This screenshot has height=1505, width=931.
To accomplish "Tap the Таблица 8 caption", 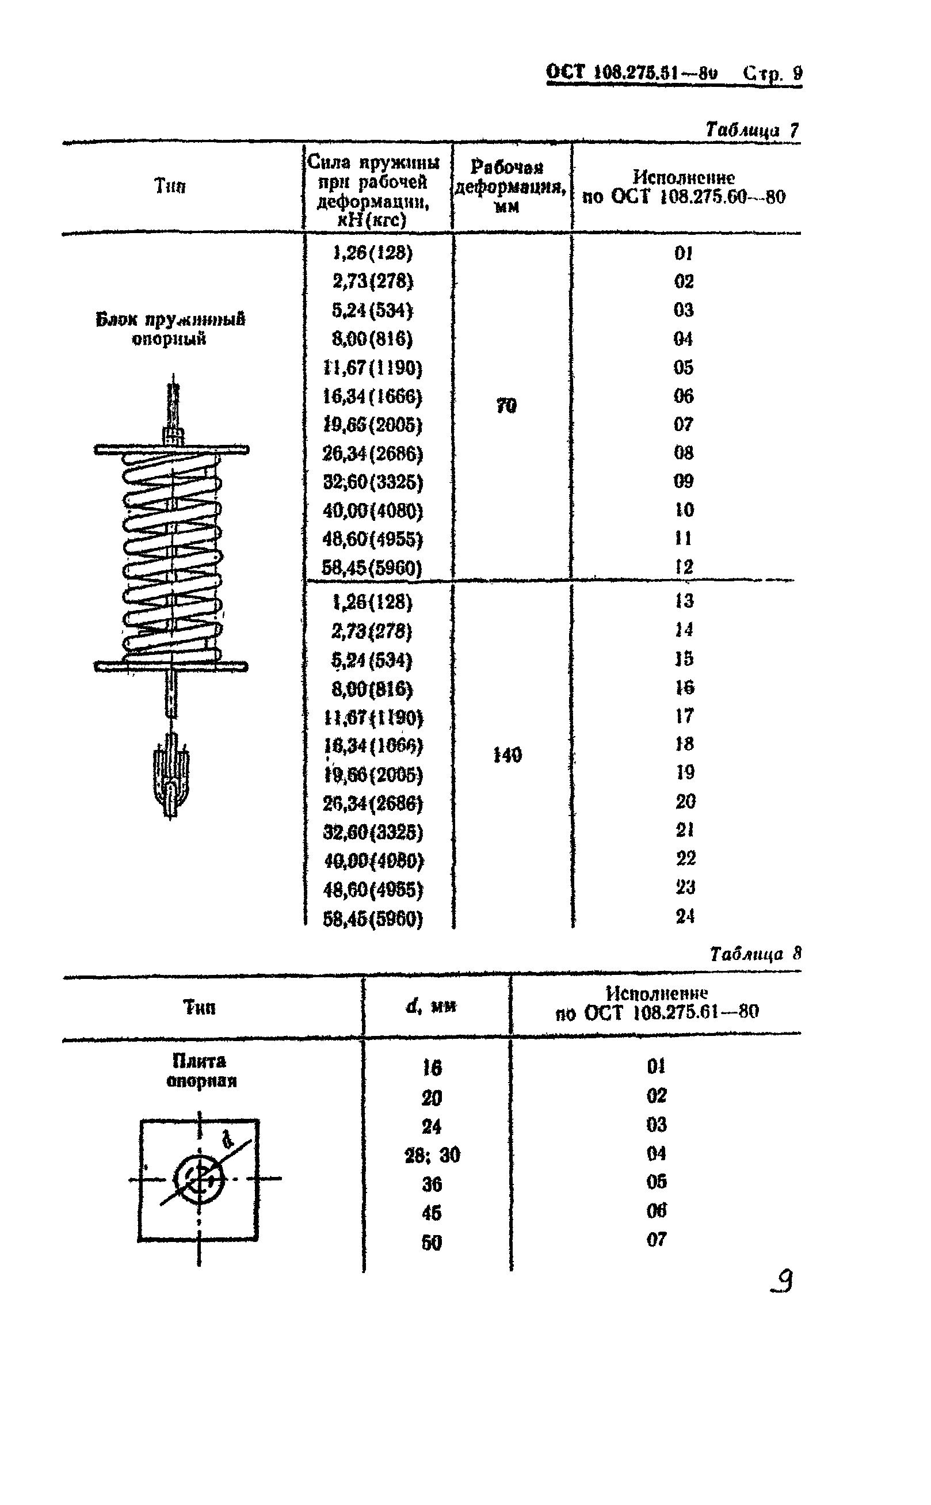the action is pyautogui.click(x=755, y=954).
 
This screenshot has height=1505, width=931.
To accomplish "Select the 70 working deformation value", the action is pyautogui.click(x=506, y=406).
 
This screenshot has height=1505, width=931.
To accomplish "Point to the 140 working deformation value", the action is pyautogui.click(x=508, y=755).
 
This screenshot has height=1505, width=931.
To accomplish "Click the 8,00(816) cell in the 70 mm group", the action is pyautogui.click(x=372, y=338).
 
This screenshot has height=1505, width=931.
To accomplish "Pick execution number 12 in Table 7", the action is pyautogui.click(x=684, y=566).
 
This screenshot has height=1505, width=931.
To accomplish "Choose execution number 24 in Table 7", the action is pyautogui.click(x=685, y=916).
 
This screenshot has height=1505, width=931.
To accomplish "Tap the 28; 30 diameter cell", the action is pyautogui.click(x=432, y=1155).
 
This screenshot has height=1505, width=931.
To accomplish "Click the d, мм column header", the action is pyautogui.click(x=431, y=1006).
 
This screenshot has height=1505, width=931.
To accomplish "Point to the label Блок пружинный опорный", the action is pyautogui.click(x=170, y=328).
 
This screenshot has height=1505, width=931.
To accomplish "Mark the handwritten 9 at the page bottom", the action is pyautogui.click(x=783, y=1282).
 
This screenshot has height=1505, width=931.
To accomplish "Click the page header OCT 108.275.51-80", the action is pyautogui.click(x=632, y=73).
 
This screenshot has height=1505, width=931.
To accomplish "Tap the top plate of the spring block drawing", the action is pyautogui.click(x=171, y=449).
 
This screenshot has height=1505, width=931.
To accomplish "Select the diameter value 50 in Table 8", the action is pyautogui.click(x=432, y=1243).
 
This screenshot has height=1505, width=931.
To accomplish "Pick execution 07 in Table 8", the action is pyautogui.click(x=657, y=1239).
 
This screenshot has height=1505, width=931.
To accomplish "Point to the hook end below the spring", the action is pyautogui.click(x=171, y=779).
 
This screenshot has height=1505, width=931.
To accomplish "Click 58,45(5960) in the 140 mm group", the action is pyautogui.click(x=373, y=919).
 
